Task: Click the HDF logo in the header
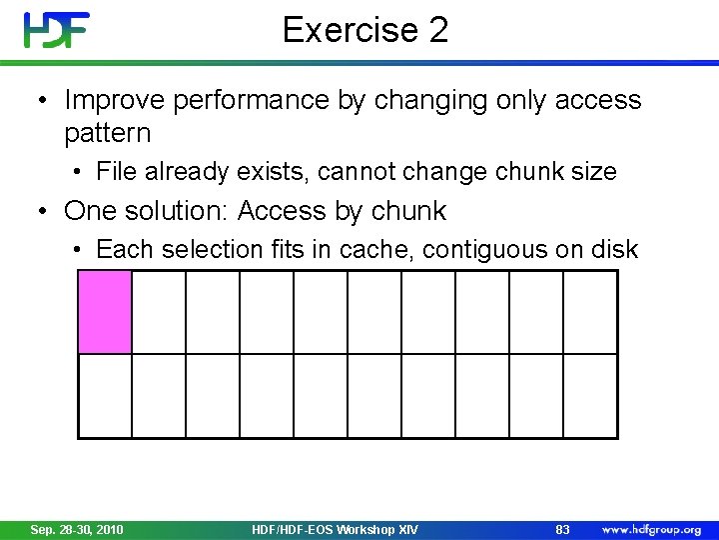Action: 57,30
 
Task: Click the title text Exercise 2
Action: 365,30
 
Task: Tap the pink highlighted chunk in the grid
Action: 105,312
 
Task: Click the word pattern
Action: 107,132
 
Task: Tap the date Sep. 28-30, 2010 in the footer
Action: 77,529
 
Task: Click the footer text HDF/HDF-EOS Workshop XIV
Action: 336,529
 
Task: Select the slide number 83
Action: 562,529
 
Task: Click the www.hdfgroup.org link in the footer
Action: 650,529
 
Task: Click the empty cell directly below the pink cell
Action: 105,397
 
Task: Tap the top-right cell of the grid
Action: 590,312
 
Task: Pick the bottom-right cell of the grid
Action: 590,397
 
